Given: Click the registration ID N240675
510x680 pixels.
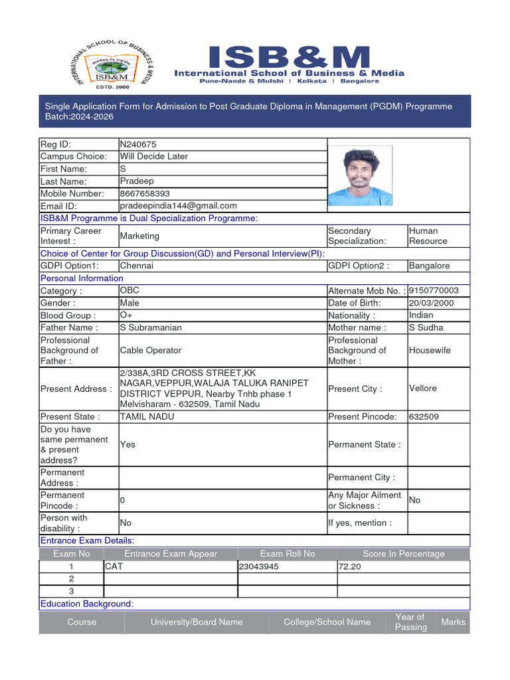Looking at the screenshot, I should pyautogui.click(x=138, y=144).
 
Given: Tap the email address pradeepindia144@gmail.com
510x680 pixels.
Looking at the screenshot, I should pyautogui.click(x=178, y=206).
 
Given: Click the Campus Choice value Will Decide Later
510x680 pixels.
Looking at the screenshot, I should pyautogui.click(x=153, y=157).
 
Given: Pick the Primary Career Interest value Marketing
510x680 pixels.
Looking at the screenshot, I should pyautogui.click(x=139, y=236).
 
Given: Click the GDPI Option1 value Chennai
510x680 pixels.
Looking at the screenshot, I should pyautogui.click(x=137, y=266).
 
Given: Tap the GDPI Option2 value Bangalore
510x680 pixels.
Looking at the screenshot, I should pyautogui.click(x=429, y=266).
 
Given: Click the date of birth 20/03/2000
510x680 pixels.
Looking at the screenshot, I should pyautogui.click(x=432, y=303).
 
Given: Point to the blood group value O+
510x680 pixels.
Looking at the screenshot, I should pyautogui.click(x=126, y=315).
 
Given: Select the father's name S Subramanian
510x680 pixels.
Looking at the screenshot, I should pyautogui.click(x=151, y=327).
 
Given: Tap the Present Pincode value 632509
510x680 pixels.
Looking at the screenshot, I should pyautogui.click(x=424, y=417).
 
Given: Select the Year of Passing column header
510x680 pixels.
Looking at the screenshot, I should pyautogui.click(x=410, y=622).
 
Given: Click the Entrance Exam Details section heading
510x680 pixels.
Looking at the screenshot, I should pyautogui.click(x=87, y=541).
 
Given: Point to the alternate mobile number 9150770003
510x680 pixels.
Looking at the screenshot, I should pyautogui.click(x=434, y=291).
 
